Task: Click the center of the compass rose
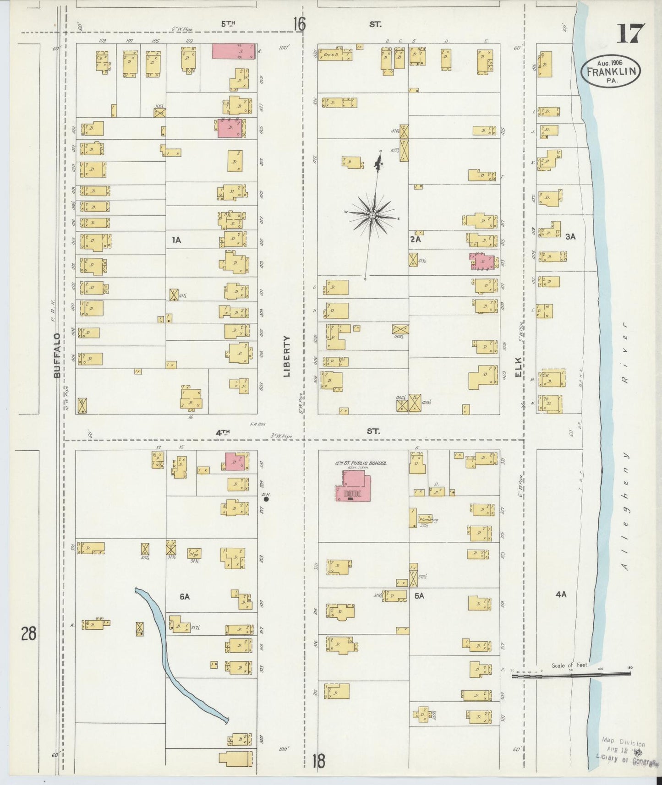pyautogui.click(x=372, y=215)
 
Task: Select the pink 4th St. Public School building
pyautogui.click(x=352, y=488)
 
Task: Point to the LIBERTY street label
pyautogui.click(x=287, y=356)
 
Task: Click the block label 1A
pyautogui.click(x=176, y=240)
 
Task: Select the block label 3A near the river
pyautogui.click(x=570, y=237)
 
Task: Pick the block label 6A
pyautogui.click(x=185, y=596)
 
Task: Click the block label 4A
pyautogui.click(x=561, y=594)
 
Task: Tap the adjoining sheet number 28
pyautogui.click(x=28, y=634)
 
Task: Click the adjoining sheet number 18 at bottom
pyautogui.click(x=318, y=761)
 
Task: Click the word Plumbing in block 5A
pyautogui.click(x=428, y=520)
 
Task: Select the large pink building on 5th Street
pyautogui.click(x=233, y=51)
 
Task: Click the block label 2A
pyautogui.click(x=415, y=239)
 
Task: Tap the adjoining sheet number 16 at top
pyautogui.click(x=299, y=24)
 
